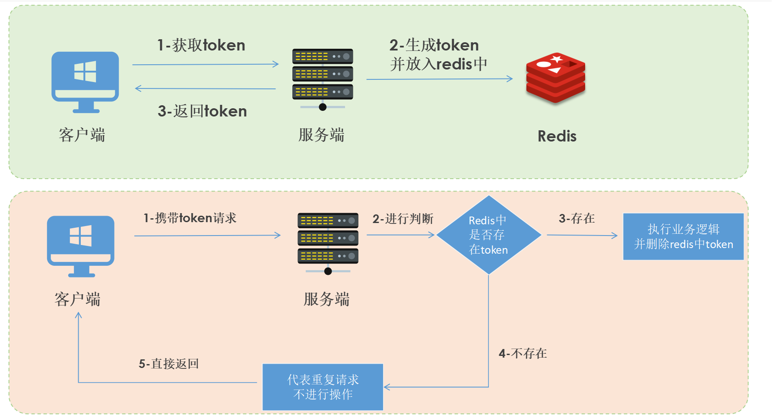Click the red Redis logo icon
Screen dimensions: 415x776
pos(555,78)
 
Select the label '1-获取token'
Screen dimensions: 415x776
pos(201,45)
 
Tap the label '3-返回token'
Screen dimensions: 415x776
pos(202,111)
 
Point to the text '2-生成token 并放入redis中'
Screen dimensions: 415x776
pos(438,54)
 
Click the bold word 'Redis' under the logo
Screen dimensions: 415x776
pos(557,136)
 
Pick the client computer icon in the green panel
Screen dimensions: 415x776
pos(85,82)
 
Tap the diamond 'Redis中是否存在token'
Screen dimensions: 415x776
pos(488,235)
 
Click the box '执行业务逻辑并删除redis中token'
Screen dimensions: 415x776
pos(683,236)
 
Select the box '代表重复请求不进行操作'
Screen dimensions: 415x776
pos(323,387)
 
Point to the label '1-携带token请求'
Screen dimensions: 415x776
pos(190,218)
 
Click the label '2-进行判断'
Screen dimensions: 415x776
pos(403,219)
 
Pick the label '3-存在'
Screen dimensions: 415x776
pos(576,219)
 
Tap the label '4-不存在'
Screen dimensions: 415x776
pos(523,354)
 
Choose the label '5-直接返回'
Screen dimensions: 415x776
pos(168,364)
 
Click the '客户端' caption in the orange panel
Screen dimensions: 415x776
pos(77,299)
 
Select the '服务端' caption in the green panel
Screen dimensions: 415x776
pos(321,135)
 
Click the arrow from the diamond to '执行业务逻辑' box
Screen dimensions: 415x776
pos(582,235)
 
